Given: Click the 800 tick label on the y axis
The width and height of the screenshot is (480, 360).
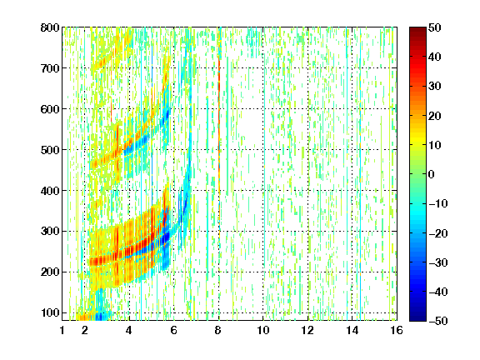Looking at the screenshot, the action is [x=50, y=27].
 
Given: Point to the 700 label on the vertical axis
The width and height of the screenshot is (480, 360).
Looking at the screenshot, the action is [x=50, y=68].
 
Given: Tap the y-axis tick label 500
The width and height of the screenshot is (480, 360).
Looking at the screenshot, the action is [x=50, y=150].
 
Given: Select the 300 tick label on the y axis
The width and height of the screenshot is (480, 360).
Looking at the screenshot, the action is [x=50, y=232].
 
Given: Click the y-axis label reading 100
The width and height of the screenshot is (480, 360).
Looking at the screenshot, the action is [x=50, y=312].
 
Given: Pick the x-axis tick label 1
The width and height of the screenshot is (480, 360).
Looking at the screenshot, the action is [x=62, y=330].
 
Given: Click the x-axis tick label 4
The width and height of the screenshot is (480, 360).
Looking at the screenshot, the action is [x=129, y=330].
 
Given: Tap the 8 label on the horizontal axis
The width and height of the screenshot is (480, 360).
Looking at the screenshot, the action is [x=218, y=330].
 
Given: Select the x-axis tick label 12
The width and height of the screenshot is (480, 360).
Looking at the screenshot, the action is [x=307, y=330].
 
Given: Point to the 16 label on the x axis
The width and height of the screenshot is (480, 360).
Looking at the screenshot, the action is [x=397, y=330].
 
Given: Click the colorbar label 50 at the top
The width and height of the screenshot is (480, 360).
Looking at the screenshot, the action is [x=435, y=27].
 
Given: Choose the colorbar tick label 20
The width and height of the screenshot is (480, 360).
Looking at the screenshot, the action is [x=435, y=116].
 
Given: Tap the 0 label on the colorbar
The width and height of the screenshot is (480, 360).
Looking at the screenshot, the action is [x=432, y=174].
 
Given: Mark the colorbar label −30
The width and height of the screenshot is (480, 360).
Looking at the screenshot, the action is [x=438, y=262].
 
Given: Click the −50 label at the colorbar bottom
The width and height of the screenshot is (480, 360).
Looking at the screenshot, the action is [x=438, y=321].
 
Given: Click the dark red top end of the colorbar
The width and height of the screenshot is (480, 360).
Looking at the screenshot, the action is [x=417, y=30].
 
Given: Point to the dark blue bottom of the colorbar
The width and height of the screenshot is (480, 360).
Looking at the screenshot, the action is [x=417, y=317].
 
